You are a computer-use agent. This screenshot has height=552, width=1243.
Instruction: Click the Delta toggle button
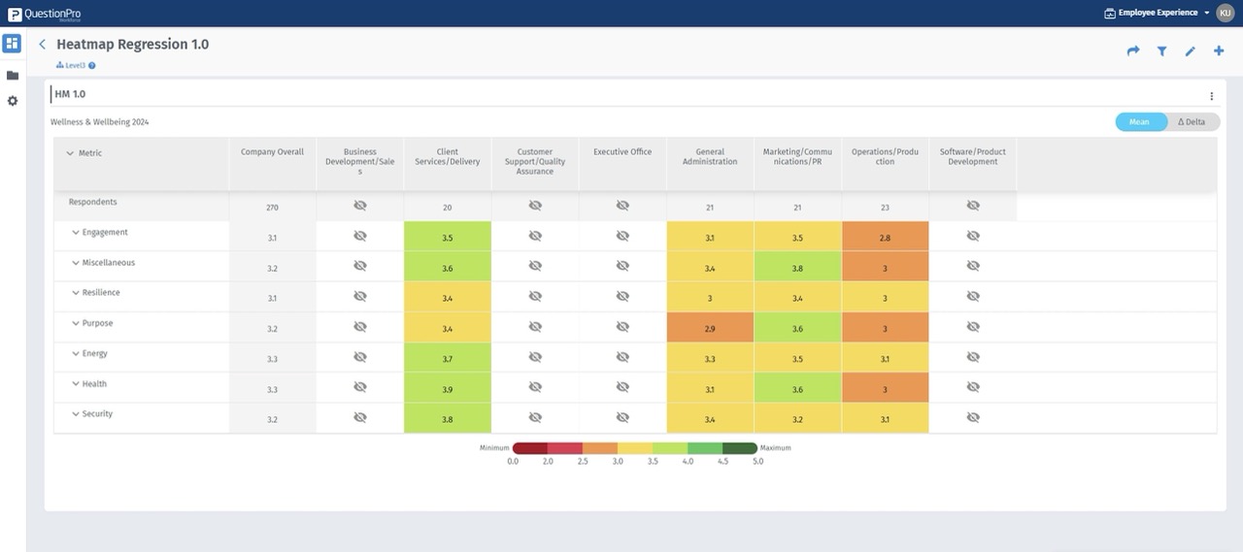(x=1193, y=122)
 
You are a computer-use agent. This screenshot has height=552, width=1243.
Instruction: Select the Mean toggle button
(x=1140, y=122)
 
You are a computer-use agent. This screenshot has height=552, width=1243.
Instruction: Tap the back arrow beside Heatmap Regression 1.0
(x=43, y=45)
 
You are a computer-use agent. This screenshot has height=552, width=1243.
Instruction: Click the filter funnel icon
(x=1161, y=51)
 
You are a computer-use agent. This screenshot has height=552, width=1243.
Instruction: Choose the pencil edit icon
(x=1190, y=51)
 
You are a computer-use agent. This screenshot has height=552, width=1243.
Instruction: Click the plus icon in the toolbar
(x=1219, y=51)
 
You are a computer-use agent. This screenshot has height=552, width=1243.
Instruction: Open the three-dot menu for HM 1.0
(x=1211, y=96)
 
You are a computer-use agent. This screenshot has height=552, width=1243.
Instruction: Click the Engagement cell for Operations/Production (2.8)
(x=885, y=238)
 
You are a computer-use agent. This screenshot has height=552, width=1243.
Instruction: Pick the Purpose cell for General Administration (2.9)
(x=710, y=329)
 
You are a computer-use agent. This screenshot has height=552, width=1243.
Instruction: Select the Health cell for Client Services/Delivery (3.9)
(x=447, y=390)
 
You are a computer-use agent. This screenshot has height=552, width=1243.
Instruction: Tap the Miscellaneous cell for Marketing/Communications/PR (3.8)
(x=797, y=269)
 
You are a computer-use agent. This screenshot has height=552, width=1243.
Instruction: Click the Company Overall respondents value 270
(x=272, y=208)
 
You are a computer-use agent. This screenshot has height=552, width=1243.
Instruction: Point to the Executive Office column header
(x=622, y=152)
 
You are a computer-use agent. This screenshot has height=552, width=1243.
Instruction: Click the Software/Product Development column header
(x=972, y=157)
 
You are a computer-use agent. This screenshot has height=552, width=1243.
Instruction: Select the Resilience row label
(x=101, y=293)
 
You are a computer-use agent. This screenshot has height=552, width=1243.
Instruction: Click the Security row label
(x=97, y=414)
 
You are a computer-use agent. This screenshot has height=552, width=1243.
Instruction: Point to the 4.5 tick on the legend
(x=722, y=462)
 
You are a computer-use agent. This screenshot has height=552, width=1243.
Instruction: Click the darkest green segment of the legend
(x=739, y=448)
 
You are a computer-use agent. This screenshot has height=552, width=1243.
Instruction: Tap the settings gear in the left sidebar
(x=13, y=101)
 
